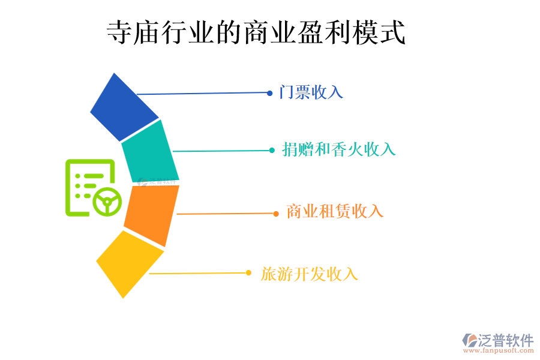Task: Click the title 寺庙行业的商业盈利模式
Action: pyautogui.click(x=256, y=33)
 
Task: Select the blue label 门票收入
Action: pyautogui.click(x=311, y=92)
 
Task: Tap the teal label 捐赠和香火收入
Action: pyautogui.click(x=339, y=149)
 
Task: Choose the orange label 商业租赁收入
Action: pyautogui.click(x=335, y=211)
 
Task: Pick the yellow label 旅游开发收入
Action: pyautogui.click(x=310, y=274)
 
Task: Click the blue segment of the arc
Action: pyautogui.click(x=123, y=107)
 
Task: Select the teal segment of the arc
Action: pyautogui.click(x=149, y=151)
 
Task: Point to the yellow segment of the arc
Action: pyautogui.click(x=129, y=263)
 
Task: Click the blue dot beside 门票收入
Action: pyautogui.click(x=270, y=93)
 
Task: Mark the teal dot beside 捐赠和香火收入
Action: pyautogui.click(x=272, y=151)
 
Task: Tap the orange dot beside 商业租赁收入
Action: pyautogui.click(x=276, y=214)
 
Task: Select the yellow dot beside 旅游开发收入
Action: pyautogui.click(x=248, y=273)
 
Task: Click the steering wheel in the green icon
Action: pyautogui.click(x=107, y=201)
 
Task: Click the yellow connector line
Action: pyautogui.click(x=198, y=274)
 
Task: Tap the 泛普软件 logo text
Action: pyautogui.click(x=505, y=340)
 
